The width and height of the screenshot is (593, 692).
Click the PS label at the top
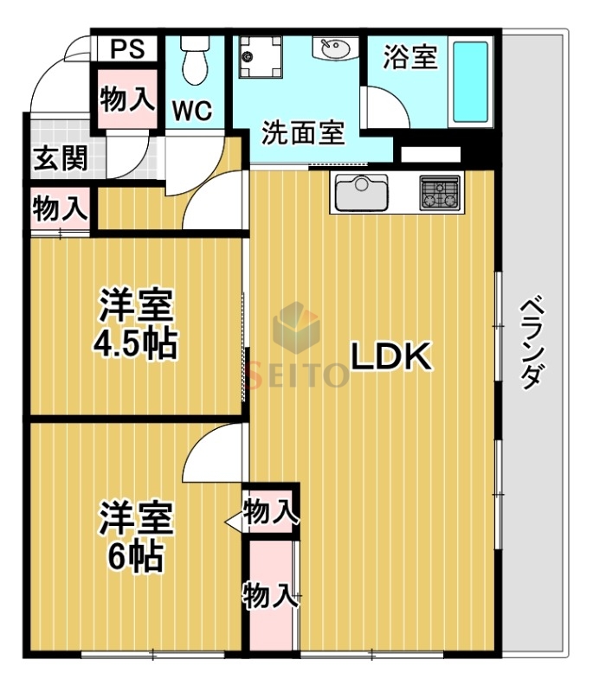126,49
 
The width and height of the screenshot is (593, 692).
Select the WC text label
193,110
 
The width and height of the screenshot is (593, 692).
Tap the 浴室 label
409,59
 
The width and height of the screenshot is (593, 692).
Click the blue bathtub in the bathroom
470,81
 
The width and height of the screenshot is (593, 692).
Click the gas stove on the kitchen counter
440,191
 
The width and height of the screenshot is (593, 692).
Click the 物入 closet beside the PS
126,98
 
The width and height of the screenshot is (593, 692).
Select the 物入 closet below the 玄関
60,208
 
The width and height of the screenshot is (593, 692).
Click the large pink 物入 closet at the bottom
269,595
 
